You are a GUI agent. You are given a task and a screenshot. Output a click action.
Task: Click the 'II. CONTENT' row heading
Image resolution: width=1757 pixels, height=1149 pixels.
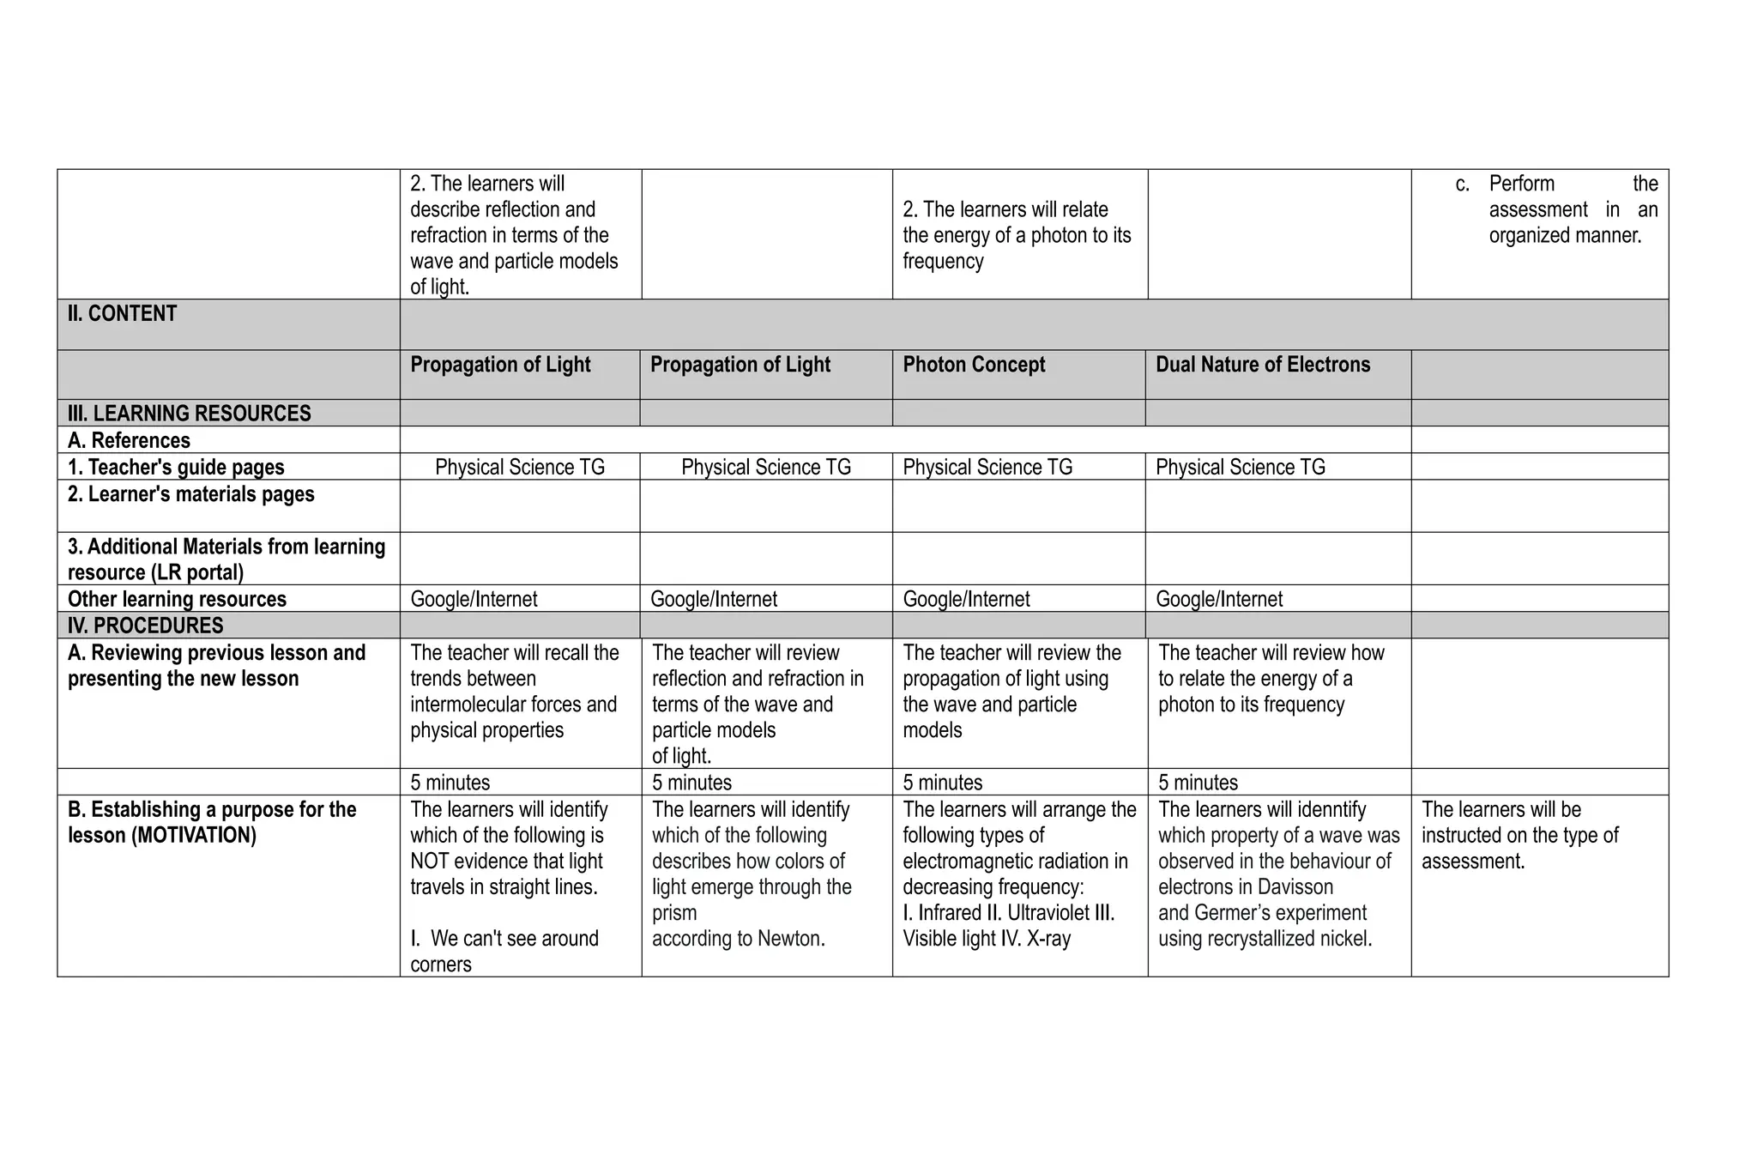(122, 314)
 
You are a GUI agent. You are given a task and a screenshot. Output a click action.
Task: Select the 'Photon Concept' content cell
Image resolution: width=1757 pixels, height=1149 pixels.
(974, 365)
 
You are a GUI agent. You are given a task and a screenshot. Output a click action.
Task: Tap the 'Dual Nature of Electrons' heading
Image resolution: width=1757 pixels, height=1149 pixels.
(1263, 365)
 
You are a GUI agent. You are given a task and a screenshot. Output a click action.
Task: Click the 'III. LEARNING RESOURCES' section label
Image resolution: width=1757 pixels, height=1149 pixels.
(189, 414)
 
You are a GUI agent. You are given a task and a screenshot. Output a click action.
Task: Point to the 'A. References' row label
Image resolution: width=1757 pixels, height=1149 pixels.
(129, 441)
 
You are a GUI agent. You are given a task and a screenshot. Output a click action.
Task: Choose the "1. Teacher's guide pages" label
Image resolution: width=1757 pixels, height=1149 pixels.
(176, 468)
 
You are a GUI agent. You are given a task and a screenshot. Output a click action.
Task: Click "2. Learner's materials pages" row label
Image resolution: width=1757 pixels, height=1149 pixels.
(190, 494)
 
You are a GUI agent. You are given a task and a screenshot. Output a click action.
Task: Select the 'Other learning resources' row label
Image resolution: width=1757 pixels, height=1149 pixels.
(177, 600)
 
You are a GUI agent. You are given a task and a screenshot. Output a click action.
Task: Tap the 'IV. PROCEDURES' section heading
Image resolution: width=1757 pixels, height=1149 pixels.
(145, 626)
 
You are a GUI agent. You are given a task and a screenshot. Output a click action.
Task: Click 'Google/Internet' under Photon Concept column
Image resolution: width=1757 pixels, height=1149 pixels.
(966, 600)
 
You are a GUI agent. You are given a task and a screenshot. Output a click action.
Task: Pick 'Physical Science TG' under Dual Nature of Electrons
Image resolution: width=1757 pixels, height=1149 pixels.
(1240, 468)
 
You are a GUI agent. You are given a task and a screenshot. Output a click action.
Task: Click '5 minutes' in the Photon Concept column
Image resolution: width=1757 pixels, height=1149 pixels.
(942, 783)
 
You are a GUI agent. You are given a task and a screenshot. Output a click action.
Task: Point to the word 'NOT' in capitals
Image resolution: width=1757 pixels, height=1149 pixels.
(432, 862)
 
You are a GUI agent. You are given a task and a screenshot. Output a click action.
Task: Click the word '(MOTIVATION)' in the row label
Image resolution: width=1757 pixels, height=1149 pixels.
(194, 836)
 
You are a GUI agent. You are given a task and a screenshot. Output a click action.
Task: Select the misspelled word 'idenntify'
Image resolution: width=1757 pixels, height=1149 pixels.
(1326, 810)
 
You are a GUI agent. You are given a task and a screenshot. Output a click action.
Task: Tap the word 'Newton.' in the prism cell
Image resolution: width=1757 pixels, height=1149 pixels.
(791, 939)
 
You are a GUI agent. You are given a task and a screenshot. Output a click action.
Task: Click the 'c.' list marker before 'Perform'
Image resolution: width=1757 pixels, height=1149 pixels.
(1462, 184)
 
